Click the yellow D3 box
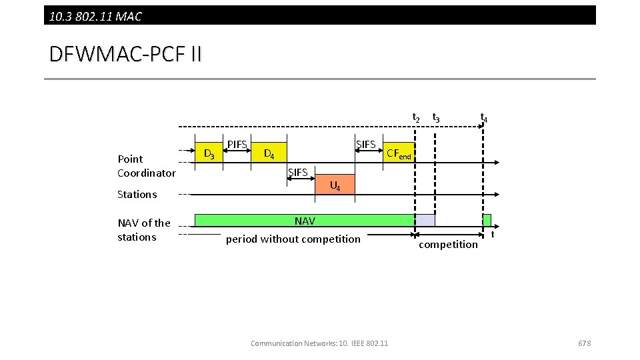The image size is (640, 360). [x=208, y=153]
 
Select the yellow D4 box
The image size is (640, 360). [x=270, y=153]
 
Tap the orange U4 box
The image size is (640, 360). [x=335, y=185]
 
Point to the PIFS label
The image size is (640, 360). [x=237, y=145]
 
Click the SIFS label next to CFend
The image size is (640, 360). [x=366, y=145]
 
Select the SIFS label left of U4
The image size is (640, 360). [x=297, y=173]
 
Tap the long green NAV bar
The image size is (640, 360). [x=304, y=221]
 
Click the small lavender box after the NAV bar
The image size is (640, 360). [x=425, y=221]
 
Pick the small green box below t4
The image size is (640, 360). [x=487, y=220]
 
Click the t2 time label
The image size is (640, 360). [x=415, y=118]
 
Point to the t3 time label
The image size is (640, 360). [x=435, y=118]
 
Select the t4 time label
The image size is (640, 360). [x=484, y=118]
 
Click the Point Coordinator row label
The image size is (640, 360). [x=146, y=166]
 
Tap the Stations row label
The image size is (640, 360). [x=137, y=195]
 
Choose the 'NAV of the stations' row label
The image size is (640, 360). [x=143, y=230]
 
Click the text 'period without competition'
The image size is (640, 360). [x=293, y=239]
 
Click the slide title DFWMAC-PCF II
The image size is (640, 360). [x=125, y=54]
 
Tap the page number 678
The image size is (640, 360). [x=584, y=343]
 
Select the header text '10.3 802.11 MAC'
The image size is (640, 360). [x=95, y=16]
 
